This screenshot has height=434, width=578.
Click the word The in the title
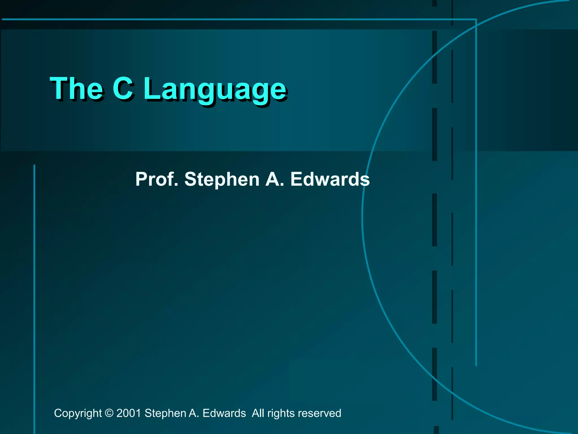[x=76, y=89]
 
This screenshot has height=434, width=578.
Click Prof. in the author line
[x=157, y=179]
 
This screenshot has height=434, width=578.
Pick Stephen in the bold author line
[x=222, y=180]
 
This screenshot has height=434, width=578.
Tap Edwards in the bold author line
[x=330, y=179]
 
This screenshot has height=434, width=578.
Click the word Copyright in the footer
[x=78, y=413]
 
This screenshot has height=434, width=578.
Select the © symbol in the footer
[x=109, y=413]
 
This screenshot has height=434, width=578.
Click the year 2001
[x=129, y=413]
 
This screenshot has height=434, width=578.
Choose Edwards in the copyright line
[x=224, y=413]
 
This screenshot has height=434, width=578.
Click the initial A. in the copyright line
[x=194, y=413]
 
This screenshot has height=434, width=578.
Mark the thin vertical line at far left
[x=34, y=283]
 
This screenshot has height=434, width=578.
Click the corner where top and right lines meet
[x=476, y=19]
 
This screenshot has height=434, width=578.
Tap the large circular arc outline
[x=363, y=218]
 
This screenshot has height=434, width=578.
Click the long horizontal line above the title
[x=226, y=19]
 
